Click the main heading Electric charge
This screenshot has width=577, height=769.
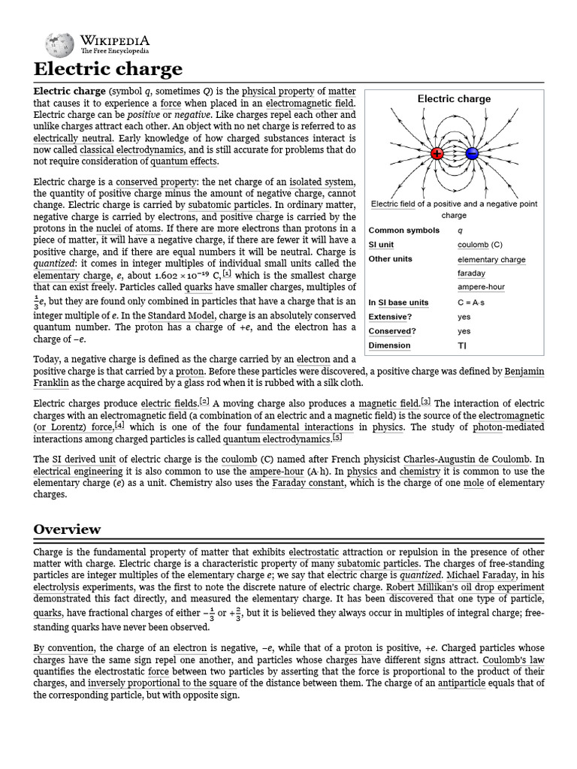[107, 70]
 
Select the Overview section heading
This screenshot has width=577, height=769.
[67, 529]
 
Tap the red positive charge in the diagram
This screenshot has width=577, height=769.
[437, 154]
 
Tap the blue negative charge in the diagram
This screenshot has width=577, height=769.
[472, 154]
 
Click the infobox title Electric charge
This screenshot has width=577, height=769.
[454, 98]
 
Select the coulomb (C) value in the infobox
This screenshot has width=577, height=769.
[479, 245]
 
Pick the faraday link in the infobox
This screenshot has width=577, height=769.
[471, 273]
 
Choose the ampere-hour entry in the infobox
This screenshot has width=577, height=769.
[481, 288]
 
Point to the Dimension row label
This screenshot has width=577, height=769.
[389, 345]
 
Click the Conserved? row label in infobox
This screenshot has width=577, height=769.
[391, 331]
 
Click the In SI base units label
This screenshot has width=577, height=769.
[398, 303]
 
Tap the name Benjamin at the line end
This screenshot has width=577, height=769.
[524, 372]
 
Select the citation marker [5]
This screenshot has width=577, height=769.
[337, 438]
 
